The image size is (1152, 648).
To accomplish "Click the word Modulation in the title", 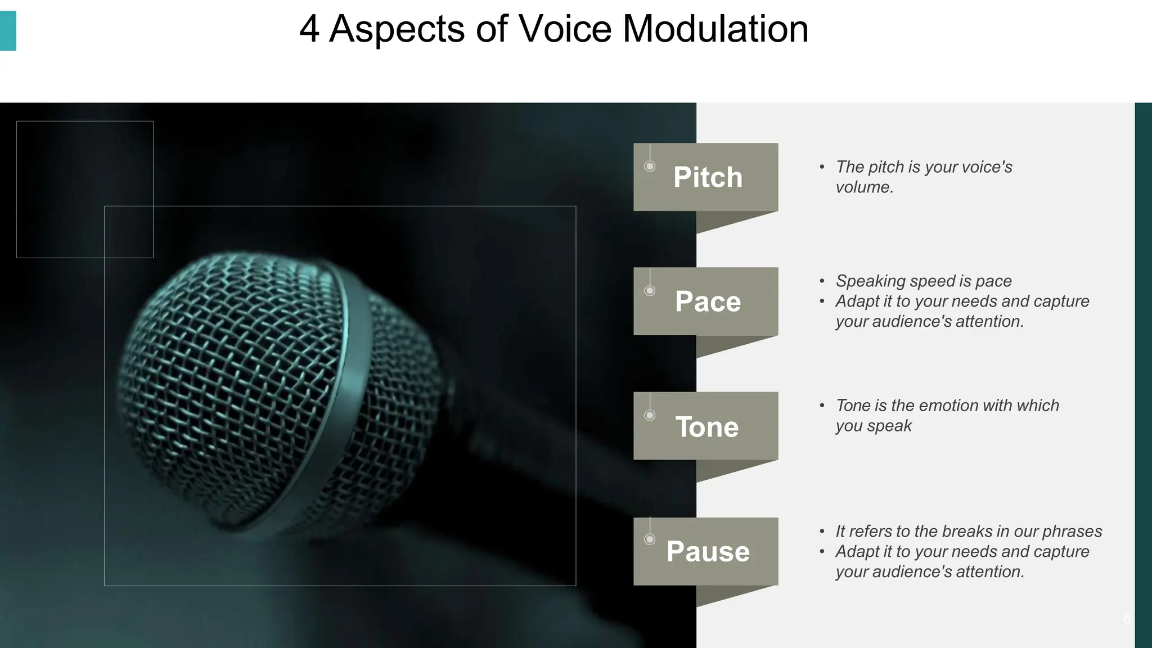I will tap(715, 29).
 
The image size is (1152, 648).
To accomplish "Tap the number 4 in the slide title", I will tap(309, 29).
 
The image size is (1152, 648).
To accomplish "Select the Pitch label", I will tap(708, 177).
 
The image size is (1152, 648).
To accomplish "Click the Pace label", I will tap(708, 301).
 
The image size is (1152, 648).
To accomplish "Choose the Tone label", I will tap(706, 427).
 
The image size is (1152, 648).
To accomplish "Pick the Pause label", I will tap(708, 551).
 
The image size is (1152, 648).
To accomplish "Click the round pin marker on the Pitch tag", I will tap(650, 166).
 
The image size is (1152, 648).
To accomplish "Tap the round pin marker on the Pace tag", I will tap(650, 290).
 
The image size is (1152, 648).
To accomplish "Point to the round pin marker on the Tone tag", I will tap(650, 415).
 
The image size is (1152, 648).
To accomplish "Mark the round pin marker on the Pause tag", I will tap(650, 539).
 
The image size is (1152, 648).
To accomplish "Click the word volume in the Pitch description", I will tap(863, 187).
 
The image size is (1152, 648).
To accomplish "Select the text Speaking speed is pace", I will tap(923, 281).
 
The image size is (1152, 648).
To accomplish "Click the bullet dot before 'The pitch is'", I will tap(822, 167).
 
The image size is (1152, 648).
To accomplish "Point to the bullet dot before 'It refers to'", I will tap(822, 532).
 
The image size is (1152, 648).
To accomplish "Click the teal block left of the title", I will tap(8, 31).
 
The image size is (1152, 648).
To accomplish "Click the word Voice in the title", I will tap(564, 29).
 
